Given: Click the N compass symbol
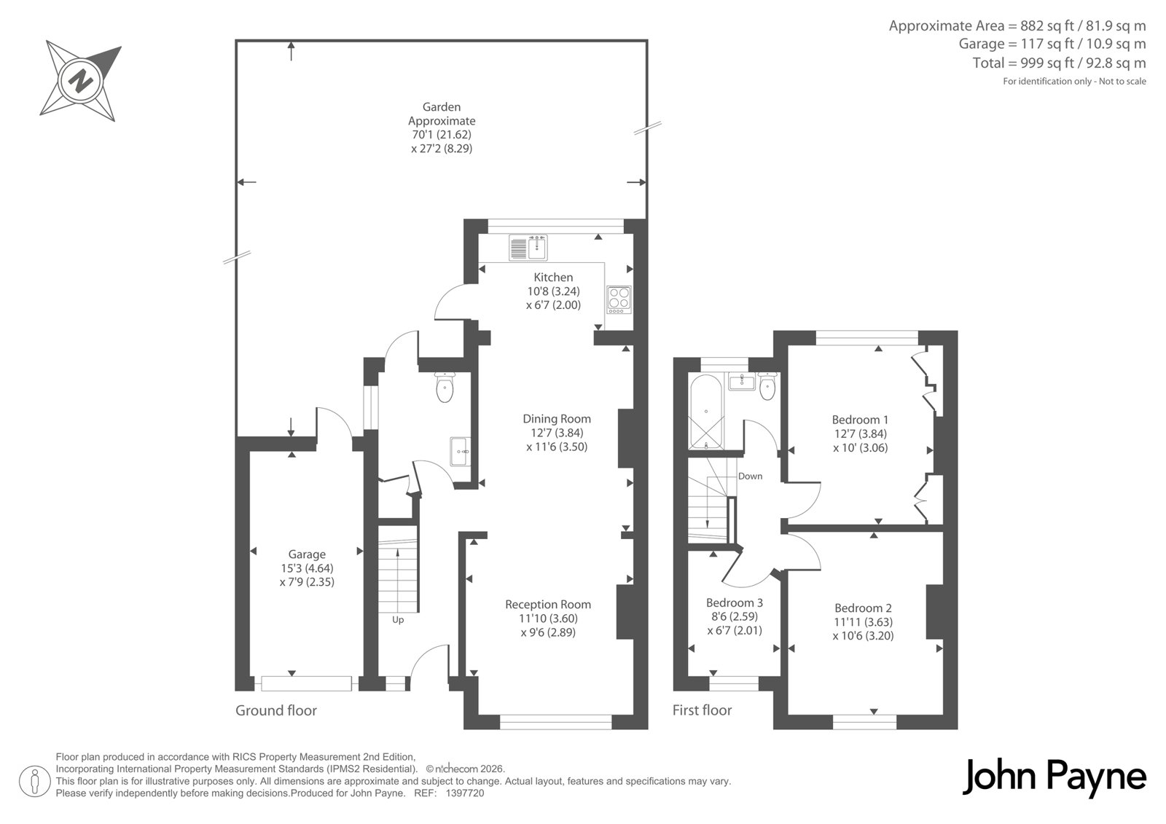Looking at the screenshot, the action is (80, 81).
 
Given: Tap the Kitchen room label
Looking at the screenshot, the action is (553, 278).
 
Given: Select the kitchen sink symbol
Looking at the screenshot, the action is (528, 247).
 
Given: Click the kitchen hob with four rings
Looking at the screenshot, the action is (619, 300).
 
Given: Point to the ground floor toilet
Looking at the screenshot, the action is (445, 388).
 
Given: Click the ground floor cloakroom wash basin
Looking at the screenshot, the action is (460, 451).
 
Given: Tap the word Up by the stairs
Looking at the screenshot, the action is (398, 620).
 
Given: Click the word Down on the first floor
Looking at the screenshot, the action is (750, 476).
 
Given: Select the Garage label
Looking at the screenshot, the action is (307, 554).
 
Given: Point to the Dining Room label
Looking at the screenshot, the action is (557, 418).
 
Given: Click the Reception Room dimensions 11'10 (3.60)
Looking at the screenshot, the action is (548, 619).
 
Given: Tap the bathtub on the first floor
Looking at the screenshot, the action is (706, 412).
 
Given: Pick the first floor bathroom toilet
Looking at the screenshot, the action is (767, 385).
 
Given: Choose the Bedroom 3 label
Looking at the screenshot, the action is (735, 603).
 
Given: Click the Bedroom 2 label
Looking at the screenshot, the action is (863, 608).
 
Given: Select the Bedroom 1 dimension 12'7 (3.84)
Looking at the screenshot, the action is (861, 433).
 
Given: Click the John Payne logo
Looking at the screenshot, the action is (1054, 777).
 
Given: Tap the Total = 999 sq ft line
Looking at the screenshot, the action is (1060, 63).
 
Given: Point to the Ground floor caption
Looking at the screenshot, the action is (276, 710).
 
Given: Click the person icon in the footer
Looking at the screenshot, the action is (35, 781).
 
